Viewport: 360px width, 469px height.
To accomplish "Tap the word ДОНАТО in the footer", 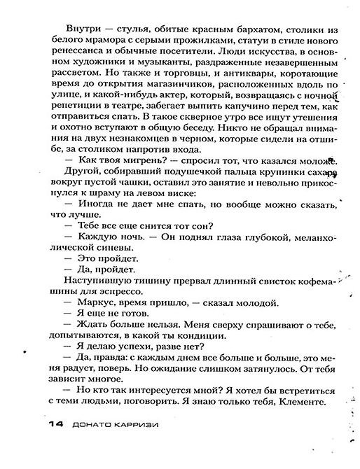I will (92, 425).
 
